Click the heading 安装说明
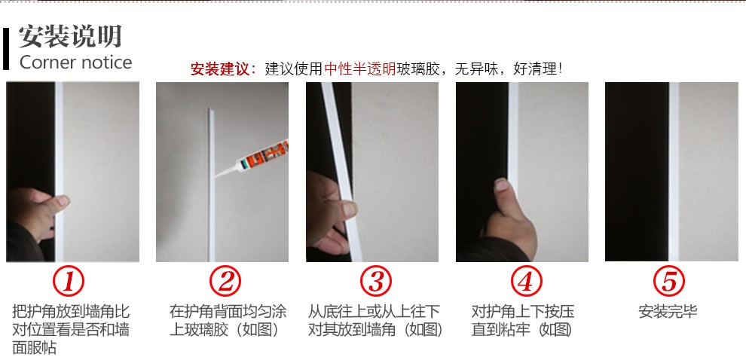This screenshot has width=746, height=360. pyautogui.click(x=70, y=36)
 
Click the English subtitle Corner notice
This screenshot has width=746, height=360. pyautogui.click(x=75, y=63)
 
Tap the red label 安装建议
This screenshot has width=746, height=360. pyautogui.click(x=220, y=69)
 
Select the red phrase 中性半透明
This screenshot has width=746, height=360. pyautogui.click(x=359, y=69)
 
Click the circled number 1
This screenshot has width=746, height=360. pyautogui.click(x=68, y=282)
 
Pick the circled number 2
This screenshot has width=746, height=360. pyautogui.click(x=225, y=282)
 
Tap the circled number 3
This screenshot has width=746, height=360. pyautogui.click(x=375, y=282)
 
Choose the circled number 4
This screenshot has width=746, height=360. pyautogui.click(x=526, y=282)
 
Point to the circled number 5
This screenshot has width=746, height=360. pyautogui.click(x=669, y=282)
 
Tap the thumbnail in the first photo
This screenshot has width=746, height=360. pyautogui.click(x=63, y=200)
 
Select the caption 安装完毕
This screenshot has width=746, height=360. pyautogui.click(x=668, y=312)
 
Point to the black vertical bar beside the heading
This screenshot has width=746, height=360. pyautogui.click(x=6, y=49)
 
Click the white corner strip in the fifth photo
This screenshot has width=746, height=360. pyautogui.click(x=674, y=172)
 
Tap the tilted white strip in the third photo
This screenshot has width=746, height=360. pyautogui.click(x=341, y=172)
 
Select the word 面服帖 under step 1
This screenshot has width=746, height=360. pyautogui.click(x=34, y=348)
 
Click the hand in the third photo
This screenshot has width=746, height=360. pyautogui.click(x=331, y=212)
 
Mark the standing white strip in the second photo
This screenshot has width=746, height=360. pyautogui.click(x=211, y=185)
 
